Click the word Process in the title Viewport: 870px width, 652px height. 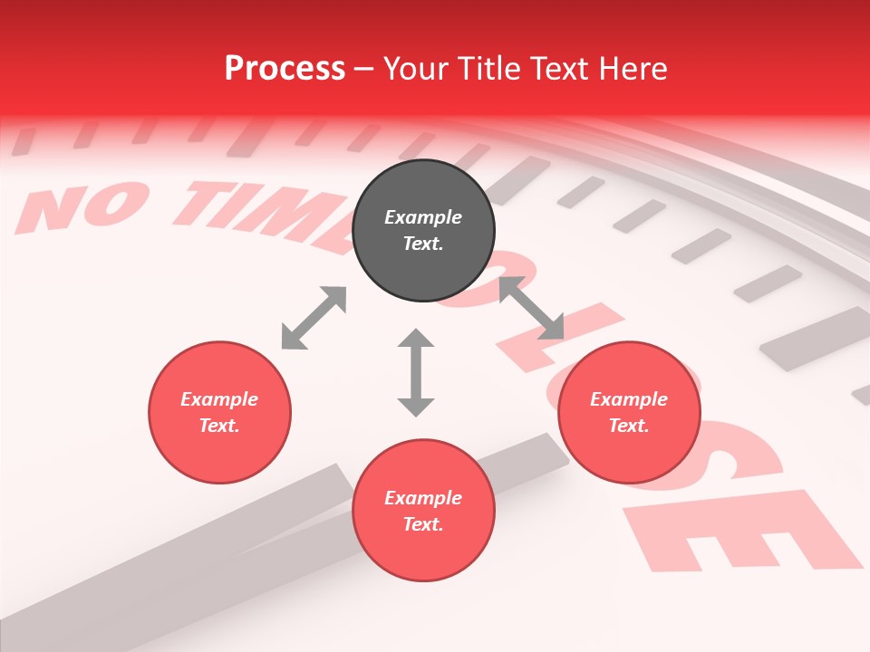point(285,69)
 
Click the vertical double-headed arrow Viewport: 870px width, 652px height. point(416,372)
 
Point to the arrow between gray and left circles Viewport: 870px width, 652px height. point(314,318)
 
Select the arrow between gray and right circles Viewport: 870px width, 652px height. point(531,308)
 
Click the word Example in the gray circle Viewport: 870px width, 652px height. point(423,217)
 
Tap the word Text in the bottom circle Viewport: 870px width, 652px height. point(423,524)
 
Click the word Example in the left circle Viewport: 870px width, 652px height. point(219,399)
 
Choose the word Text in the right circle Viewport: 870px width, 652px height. point(629,426)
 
